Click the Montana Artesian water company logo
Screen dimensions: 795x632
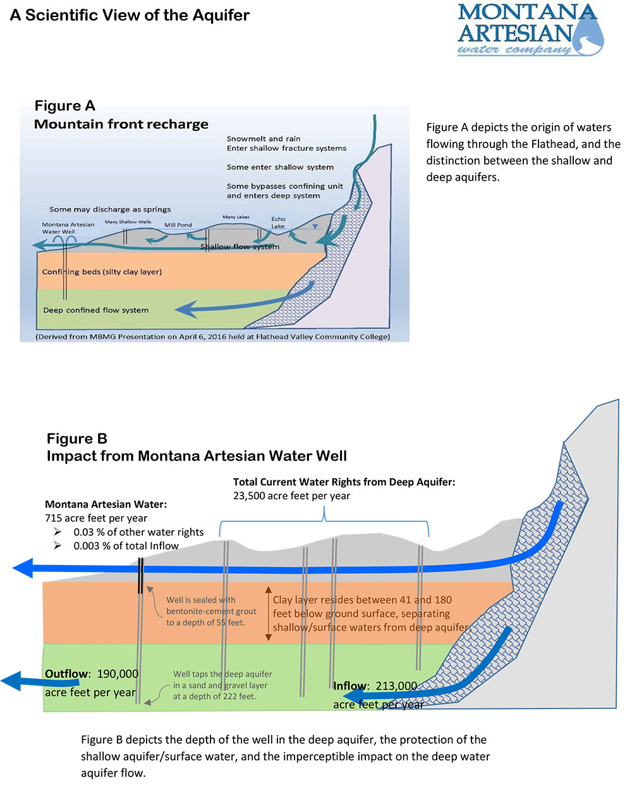[530, 30]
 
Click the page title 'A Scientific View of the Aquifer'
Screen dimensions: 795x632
[130, 15]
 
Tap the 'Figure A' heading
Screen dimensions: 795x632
[64, 106]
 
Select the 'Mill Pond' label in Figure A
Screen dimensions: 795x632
[178, 225]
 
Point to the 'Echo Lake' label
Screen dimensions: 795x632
[278, 222]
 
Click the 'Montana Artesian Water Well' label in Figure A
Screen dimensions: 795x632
[68, 228]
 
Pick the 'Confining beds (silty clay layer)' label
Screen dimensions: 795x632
[102, 272]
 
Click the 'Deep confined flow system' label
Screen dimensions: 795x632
[96, 310]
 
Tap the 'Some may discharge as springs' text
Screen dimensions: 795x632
[110, 209]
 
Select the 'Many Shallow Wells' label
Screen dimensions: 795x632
[128, 222]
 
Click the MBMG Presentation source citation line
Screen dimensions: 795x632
[213, 337]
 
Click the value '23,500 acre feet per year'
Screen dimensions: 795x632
[291, 496]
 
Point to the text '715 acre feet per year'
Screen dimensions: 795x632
[96, 518]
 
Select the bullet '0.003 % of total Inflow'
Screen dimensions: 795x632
[126, 546]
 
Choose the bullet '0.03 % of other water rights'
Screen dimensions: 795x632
[138, 532]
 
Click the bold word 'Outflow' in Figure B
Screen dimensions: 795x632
[66, 674]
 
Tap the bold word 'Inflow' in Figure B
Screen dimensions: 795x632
[349, 686]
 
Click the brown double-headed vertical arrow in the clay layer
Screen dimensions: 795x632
[268, 613]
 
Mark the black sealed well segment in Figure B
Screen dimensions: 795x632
[140, 575]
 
